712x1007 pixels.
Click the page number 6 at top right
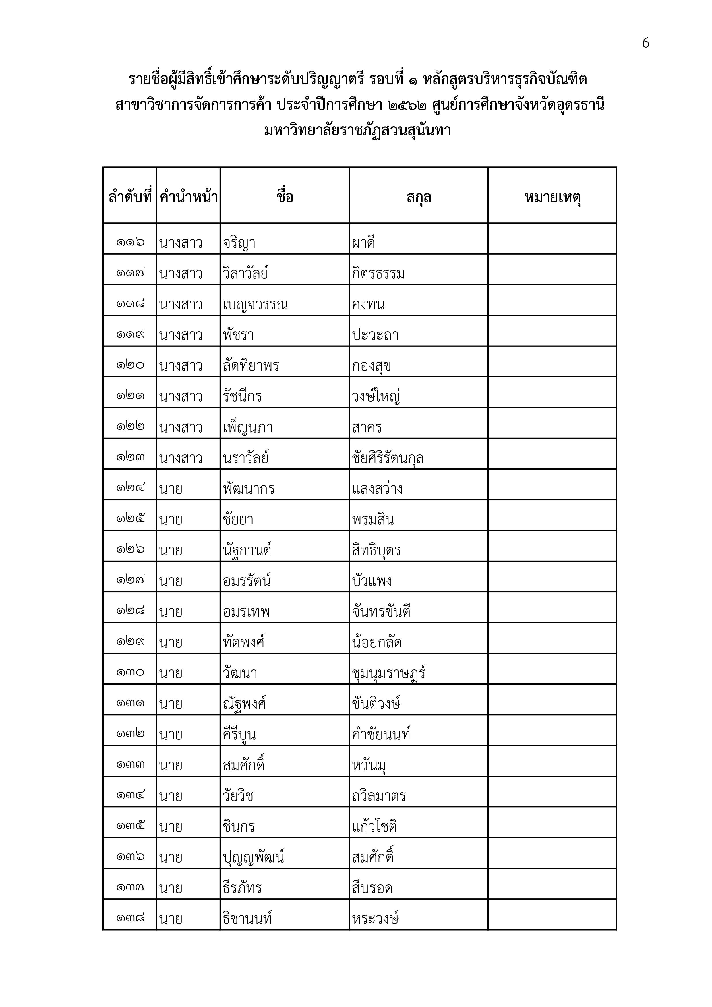[x=645, y=43]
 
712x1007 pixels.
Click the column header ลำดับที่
[x=130, y=197]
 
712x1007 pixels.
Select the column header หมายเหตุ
[x=552, y=197]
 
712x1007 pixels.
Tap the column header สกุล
[x=419, y=197]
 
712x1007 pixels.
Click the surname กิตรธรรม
[x=378, y=274]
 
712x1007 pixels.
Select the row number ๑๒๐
[x=130, y=365]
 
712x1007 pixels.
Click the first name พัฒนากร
[x=249, y=489]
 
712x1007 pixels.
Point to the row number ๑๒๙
[x=130, y=642]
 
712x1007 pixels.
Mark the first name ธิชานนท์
[x=247, y=918]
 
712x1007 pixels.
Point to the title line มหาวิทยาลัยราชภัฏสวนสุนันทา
[x=357, y=131]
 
